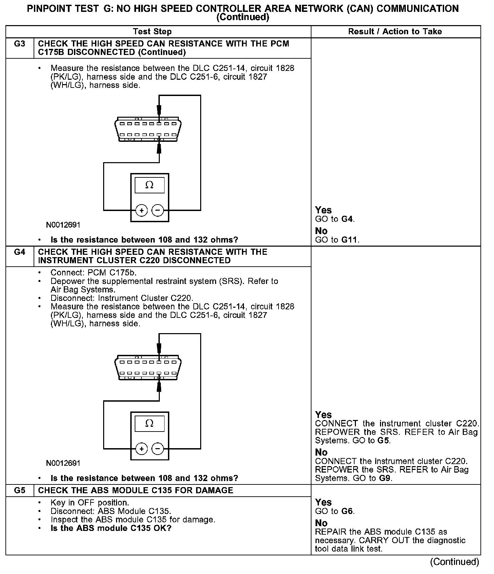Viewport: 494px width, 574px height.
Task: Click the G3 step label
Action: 20,44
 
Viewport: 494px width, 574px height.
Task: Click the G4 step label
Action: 20,252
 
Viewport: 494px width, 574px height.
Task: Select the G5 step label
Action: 20,491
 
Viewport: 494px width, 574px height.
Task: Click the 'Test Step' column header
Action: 152,32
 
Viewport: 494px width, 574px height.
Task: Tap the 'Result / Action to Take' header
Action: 395,32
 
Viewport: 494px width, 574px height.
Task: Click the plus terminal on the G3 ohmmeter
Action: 141,210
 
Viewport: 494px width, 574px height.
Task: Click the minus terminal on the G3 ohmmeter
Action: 157,210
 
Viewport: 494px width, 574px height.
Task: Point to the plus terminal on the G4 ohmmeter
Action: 141,449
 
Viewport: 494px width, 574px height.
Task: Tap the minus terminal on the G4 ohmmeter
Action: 157,449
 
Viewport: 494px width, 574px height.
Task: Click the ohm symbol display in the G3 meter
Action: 149,185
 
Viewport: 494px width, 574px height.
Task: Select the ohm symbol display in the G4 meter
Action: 149,423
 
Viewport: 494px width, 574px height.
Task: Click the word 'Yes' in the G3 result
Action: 323,210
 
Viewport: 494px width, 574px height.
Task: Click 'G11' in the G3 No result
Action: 349,240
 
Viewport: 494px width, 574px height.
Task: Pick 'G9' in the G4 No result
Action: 385,478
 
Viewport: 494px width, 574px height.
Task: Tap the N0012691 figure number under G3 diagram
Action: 63,225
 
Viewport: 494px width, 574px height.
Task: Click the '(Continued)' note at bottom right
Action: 454,562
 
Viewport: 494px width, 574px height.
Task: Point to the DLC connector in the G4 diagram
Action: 148,367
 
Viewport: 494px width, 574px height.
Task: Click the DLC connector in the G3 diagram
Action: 148,129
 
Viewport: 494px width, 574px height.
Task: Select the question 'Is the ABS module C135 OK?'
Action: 111,528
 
